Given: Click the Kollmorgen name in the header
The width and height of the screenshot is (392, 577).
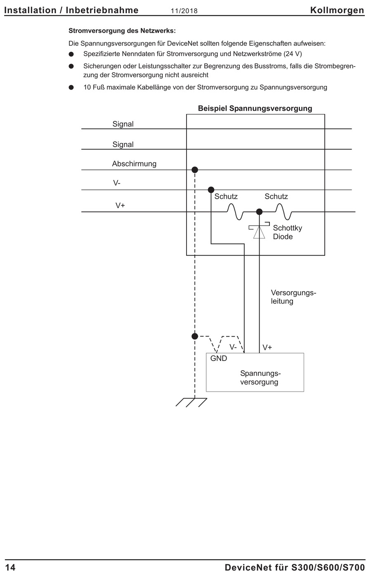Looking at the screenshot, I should coord(337,10).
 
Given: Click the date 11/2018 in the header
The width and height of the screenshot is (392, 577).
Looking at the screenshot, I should coord(184,11).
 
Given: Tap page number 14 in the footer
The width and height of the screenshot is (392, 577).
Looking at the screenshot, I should coord(10,568).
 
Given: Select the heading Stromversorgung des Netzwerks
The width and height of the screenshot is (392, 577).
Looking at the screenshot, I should coord(122,31).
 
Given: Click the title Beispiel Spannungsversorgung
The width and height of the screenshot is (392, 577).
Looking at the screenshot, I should coord(255,109).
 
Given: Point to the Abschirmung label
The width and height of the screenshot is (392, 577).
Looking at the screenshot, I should coord(134,164).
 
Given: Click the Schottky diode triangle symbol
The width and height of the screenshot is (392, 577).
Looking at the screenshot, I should coord(259,232).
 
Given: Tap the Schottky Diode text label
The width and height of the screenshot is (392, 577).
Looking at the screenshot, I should coord(288,232).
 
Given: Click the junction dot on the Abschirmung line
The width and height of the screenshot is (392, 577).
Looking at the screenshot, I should coord(195,170).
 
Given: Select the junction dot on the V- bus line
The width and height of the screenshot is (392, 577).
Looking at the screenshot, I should coord(211,190).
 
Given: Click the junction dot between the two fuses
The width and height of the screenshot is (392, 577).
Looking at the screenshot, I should coord(259,212).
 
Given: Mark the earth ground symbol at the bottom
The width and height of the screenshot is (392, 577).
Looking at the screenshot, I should coord(191,402).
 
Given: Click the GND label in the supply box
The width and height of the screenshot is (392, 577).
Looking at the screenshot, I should coord(219,359).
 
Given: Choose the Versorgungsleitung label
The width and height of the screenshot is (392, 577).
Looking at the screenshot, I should coord(293,297).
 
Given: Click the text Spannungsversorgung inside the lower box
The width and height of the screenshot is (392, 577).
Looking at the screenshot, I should coord(260,378).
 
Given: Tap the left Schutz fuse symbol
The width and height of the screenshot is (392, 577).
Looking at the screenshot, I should coord(235,211).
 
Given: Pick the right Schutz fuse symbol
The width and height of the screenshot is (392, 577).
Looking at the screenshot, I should coord(283,211).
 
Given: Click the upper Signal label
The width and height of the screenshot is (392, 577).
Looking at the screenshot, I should coord(123,124).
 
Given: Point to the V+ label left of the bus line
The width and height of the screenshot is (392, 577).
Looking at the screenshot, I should coord(120,205).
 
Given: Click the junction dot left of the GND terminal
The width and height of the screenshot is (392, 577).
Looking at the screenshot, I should coord(195,336).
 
